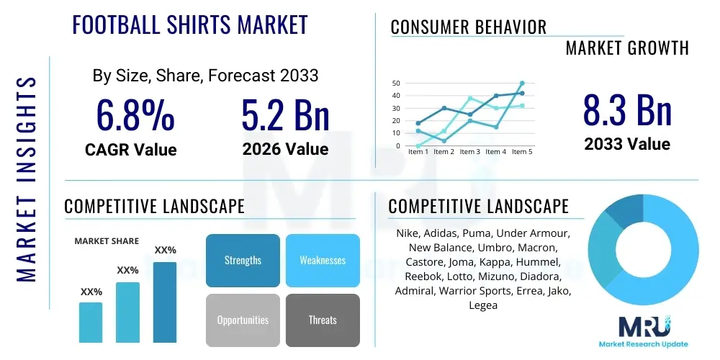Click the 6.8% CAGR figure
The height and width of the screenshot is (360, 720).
(x=135, y=117)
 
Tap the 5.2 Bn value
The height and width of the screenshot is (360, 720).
(x=286, y=117)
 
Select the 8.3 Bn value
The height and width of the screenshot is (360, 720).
(x=627, y=112)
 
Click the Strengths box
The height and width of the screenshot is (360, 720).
(x=243, y=260)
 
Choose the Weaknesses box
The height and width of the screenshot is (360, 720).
(x=323, y=260)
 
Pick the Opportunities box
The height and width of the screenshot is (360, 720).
(x=243, y=320)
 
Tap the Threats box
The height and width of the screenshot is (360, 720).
(x=323, y=320)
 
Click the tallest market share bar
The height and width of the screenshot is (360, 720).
(x=165, y=302)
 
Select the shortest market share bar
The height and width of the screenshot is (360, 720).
(x=91, y=322)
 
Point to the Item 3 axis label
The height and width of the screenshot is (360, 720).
(x=469, y=152)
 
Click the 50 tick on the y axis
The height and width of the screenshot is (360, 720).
(x=396, y=84)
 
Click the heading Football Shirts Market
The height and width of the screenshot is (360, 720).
(x=190, y=24)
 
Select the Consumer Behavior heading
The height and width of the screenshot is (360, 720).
(x=469, y=27)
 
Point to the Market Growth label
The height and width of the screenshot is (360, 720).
(x=627, y=48)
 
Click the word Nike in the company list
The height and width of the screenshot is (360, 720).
(x=408, y=234)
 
